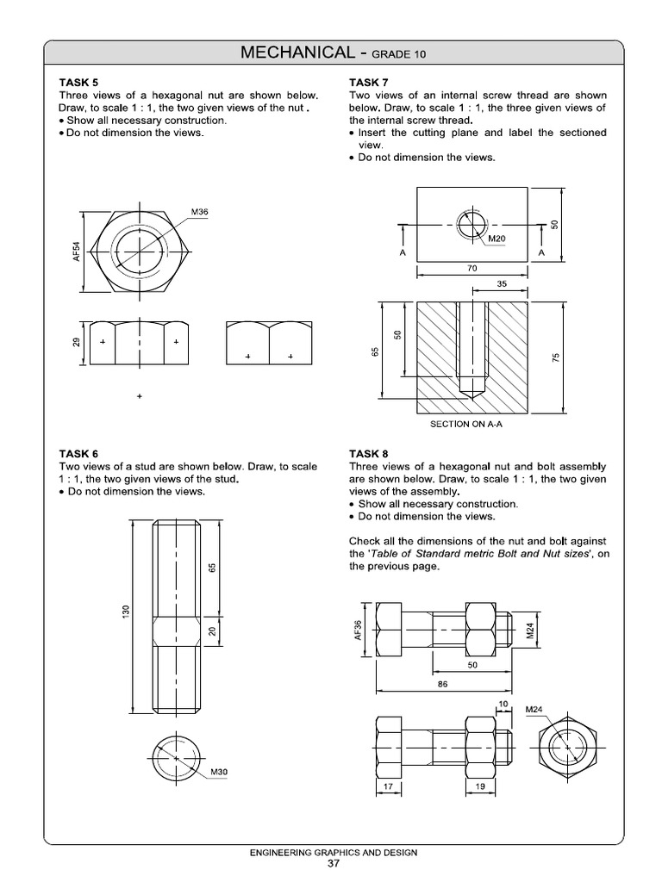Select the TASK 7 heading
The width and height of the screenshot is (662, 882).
(x=368, y=83)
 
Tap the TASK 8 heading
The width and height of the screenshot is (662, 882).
(x=368, y=454)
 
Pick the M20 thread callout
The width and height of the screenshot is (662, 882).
(x=497, y=239)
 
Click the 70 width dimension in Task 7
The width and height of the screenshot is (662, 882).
(x=472, y=269)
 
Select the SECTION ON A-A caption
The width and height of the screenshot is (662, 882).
(x=472, y=425)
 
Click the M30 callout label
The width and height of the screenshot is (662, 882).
(x=219, y=772)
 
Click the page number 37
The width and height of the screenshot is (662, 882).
(x=332, y=864)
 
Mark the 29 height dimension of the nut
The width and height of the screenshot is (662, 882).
(x=76, y=343)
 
